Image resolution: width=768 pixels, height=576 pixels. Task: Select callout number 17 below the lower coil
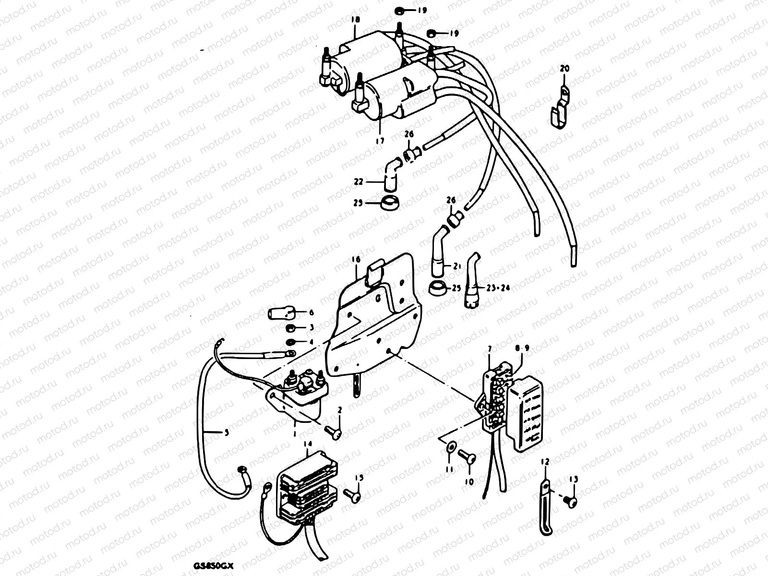click(379, 141)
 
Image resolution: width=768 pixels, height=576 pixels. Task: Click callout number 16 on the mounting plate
click(356, 260)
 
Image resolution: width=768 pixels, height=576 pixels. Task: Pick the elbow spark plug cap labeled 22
click(391, 176)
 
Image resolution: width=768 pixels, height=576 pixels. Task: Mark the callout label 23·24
click(498, 288)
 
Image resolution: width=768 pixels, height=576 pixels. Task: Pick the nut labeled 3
click(291, 329)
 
